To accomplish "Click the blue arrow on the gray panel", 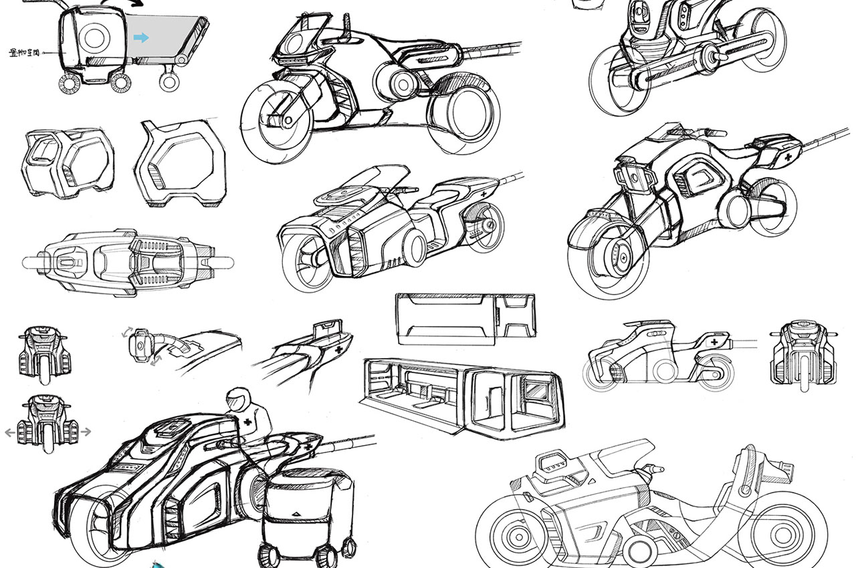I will tap(140, 38).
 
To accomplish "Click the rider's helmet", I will tap(235, 400).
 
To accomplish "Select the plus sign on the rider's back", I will tap(248, 422).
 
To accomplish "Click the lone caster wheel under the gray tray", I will tap(169, 82).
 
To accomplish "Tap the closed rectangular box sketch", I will tap(465, 319).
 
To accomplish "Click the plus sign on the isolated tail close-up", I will tap(338, 349).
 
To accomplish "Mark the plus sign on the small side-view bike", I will tap(715, 342).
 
